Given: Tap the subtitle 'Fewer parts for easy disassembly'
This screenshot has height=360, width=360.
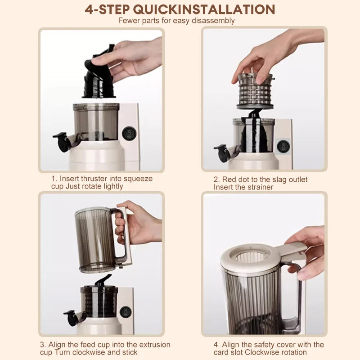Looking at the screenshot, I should (176, 20).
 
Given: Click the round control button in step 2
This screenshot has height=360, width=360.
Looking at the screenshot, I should (283, 145).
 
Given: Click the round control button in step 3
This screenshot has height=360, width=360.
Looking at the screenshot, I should (126, 311).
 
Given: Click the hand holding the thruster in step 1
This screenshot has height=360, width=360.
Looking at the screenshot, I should (130, 58).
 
